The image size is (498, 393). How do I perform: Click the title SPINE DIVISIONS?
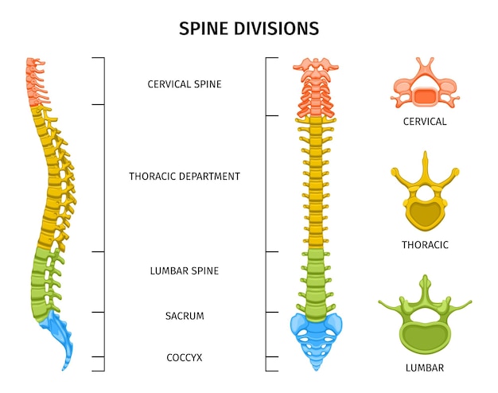(249, 29)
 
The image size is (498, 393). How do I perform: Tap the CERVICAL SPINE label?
(185, 84)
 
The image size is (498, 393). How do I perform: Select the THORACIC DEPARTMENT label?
(185, 177)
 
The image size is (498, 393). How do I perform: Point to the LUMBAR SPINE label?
(185, 271)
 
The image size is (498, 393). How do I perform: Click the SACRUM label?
(185, 316)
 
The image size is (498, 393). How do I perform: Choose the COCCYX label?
(185, 358)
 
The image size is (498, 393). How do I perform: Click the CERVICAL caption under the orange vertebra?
(425, 122)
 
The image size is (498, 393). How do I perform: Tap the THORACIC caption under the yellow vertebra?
(425, 245)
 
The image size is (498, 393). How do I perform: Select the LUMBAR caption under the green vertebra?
(425, 368)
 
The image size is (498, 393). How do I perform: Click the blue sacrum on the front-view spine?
(316, 337)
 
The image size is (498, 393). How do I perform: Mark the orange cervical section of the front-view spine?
(316, 88)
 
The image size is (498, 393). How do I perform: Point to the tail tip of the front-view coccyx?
(317, 370)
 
